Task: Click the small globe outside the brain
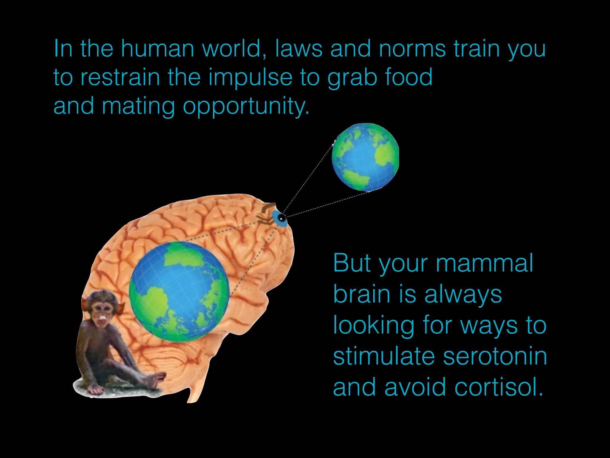pyautogui.click(x=365, y=157)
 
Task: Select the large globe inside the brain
pyautogui.click(x=179, y=291)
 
